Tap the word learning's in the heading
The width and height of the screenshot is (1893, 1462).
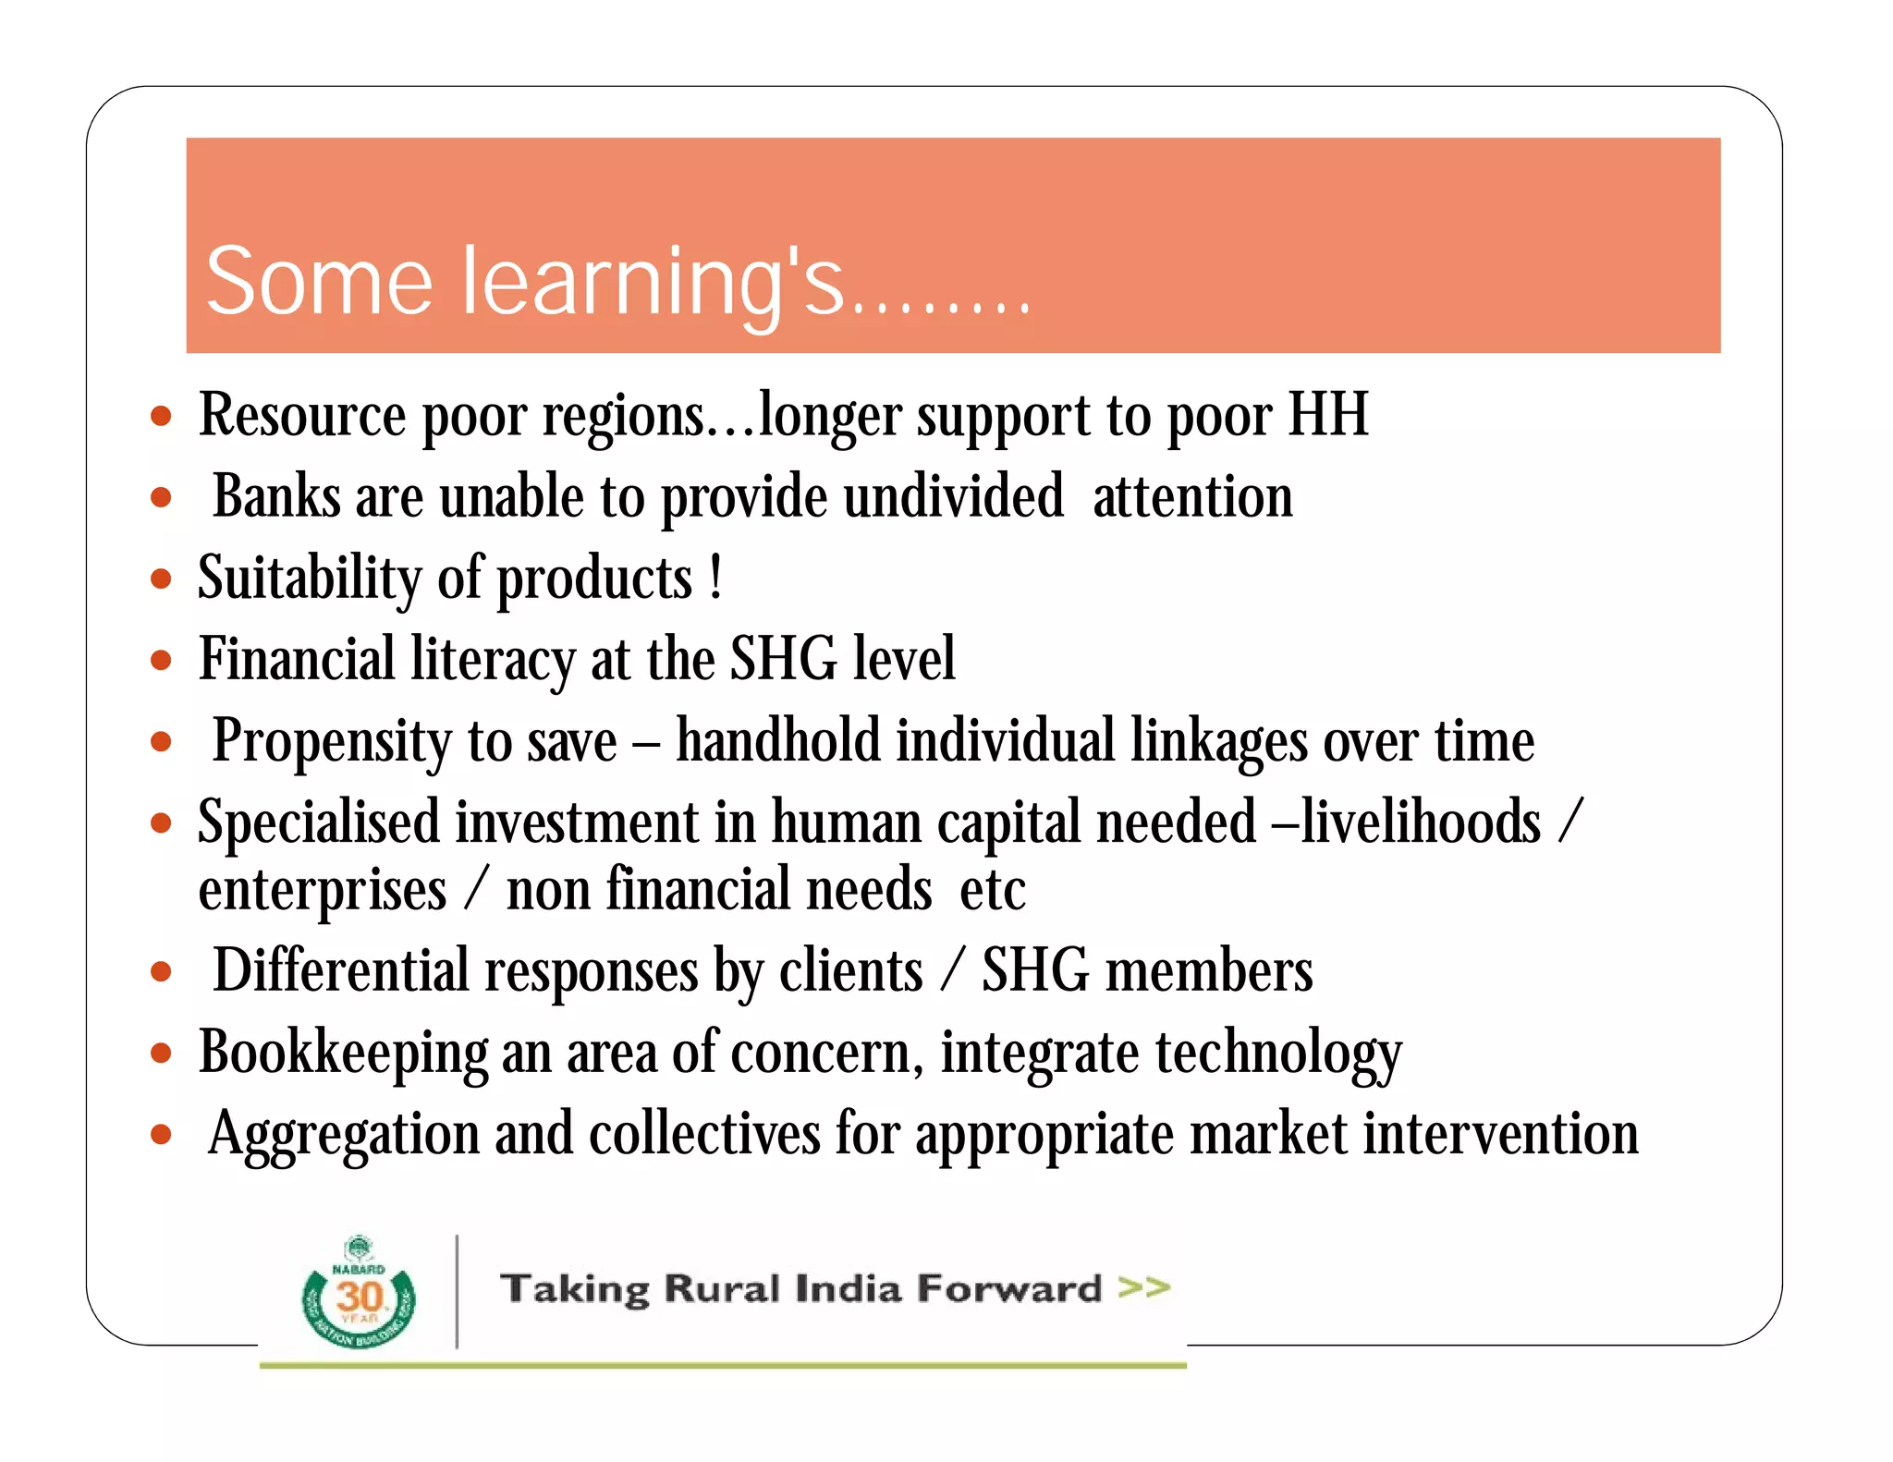[652, 283]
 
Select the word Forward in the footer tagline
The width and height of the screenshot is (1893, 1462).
[1009, 1288]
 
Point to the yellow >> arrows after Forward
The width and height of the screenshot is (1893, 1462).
[1143, 1286]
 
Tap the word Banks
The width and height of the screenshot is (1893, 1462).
[276, 497]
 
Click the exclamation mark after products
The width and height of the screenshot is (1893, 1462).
[716, 578]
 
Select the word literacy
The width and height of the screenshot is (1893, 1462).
[493, 661]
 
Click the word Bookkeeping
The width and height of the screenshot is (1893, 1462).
[343, 1054]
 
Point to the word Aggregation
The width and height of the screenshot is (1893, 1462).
[343, 1135]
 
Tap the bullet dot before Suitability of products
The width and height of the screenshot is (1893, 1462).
[162, 579]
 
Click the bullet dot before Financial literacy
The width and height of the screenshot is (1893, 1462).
[162, 661]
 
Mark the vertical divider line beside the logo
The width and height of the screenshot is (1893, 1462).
[457, 1291]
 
